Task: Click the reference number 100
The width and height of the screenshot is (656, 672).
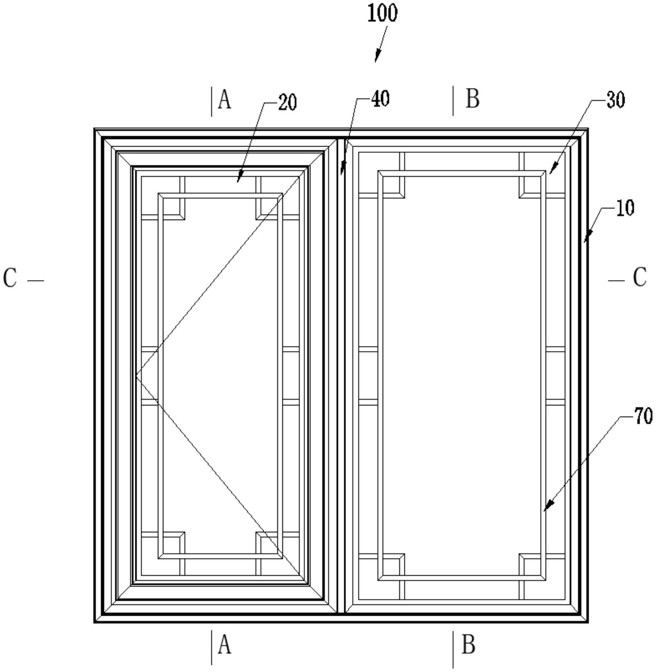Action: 382,13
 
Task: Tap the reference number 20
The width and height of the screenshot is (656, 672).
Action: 287,103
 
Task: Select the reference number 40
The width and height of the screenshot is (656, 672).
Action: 380,99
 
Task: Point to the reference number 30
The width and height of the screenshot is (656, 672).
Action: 616,100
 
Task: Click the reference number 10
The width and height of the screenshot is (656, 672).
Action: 625,208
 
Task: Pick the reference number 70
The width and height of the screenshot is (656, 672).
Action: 643,416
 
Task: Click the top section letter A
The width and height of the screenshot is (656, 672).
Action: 224,100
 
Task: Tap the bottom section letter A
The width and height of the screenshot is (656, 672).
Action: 224,645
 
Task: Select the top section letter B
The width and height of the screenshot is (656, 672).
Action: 473,99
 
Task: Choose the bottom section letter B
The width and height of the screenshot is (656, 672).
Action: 468,645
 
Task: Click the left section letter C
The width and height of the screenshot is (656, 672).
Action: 10,278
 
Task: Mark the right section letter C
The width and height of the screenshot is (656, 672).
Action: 640,277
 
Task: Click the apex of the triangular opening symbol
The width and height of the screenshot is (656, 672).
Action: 136,375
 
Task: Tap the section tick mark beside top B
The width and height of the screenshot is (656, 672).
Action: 453,101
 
